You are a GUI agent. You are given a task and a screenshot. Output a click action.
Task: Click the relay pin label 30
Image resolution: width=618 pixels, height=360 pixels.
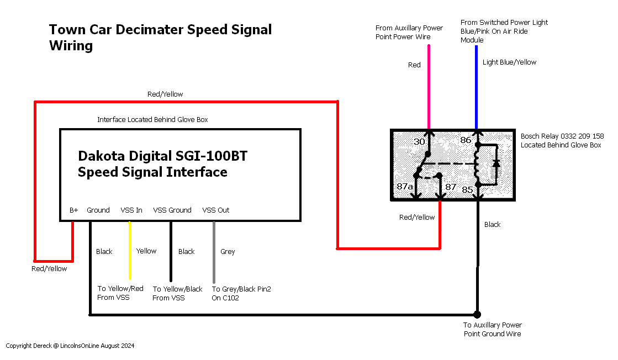[x=419, y=142]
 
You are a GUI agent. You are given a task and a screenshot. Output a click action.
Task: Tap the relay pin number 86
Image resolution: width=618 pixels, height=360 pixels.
[x=466, y=140]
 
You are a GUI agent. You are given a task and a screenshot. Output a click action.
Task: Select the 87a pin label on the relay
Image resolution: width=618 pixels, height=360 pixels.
[x=405, y=186]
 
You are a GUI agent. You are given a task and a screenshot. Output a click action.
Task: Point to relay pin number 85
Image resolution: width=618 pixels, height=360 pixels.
[x=467, y=190]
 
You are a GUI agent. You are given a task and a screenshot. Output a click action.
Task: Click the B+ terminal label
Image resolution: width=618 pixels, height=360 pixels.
[x=73, y=210]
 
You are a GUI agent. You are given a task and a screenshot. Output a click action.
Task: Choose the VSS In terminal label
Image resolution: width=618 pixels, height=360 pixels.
[x=131, y=210]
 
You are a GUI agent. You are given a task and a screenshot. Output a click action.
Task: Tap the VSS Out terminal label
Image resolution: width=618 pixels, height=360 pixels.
[x=215, y=210]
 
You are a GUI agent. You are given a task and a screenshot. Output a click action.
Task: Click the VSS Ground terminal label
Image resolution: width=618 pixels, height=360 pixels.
[x=172, y=210]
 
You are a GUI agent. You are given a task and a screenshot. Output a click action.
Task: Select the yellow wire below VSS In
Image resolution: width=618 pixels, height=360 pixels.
[x=130, y=251]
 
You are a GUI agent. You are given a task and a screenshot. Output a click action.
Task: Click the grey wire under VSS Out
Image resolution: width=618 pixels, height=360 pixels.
[x=214, y=252]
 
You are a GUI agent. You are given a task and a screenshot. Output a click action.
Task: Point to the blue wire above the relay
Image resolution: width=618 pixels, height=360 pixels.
[x=476, y=87]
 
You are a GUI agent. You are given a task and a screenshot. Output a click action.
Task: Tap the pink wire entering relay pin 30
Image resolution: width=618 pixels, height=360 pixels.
[x=429, y=87]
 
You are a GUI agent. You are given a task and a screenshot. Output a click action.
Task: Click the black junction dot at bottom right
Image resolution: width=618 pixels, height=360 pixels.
[x=477, y=314]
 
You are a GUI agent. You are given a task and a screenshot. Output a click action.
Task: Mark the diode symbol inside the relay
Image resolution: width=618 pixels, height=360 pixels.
[x=496, y=163]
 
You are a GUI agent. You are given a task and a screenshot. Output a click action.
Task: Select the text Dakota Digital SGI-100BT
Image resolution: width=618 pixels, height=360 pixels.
[x=163, y=156]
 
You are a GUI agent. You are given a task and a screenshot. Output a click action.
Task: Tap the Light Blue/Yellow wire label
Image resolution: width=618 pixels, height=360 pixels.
[x=509, y=62]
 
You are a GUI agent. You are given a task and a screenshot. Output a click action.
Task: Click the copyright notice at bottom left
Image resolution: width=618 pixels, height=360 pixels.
[x=70, y=346]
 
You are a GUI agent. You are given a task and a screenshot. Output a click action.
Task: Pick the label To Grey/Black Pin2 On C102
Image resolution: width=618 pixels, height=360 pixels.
[x=241, y=293]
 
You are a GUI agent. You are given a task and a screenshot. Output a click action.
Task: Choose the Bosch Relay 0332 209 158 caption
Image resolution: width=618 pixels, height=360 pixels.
[x=562, y=136]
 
